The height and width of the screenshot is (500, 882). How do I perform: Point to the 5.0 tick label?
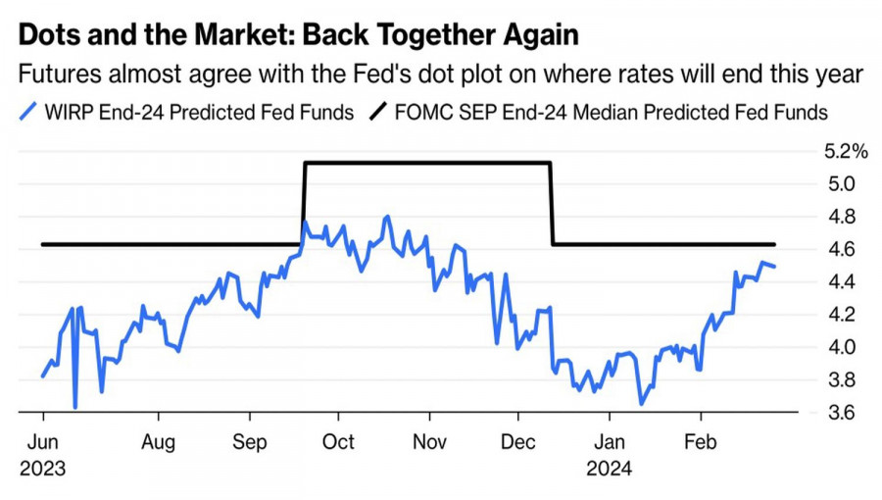click(839, 183)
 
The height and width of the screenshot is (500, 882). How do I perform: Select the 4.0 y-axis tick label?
click(839, 347)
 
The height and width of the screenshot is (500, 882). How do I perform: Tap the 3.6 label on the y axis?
click(839, 413)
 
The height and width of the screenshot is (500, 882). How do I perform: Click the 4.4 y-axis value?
click(839, 281)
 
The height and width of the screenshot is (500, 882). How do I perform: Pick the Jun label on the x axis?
click(43, 442)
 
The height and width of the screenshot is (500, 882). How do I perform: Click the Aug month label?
click(158, 442)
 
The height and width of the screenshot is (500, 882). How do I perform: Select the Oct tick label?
click(338, 442)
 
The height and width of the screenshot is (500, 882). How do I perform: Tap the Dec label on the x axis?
click(518, 442)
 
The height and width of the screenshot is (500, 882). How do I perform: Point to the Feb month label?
click(700, 442)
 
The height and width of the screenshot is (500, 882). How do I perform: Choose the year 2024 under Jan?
click(610, 469)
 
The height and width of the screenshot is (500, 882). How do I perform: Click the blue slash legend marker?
click(28, 112)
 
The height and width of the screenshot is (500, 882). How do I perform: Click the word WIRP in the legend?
click(69, 112)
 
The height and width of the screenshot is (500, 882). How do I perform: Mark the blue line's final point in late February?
click(775, 267)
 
